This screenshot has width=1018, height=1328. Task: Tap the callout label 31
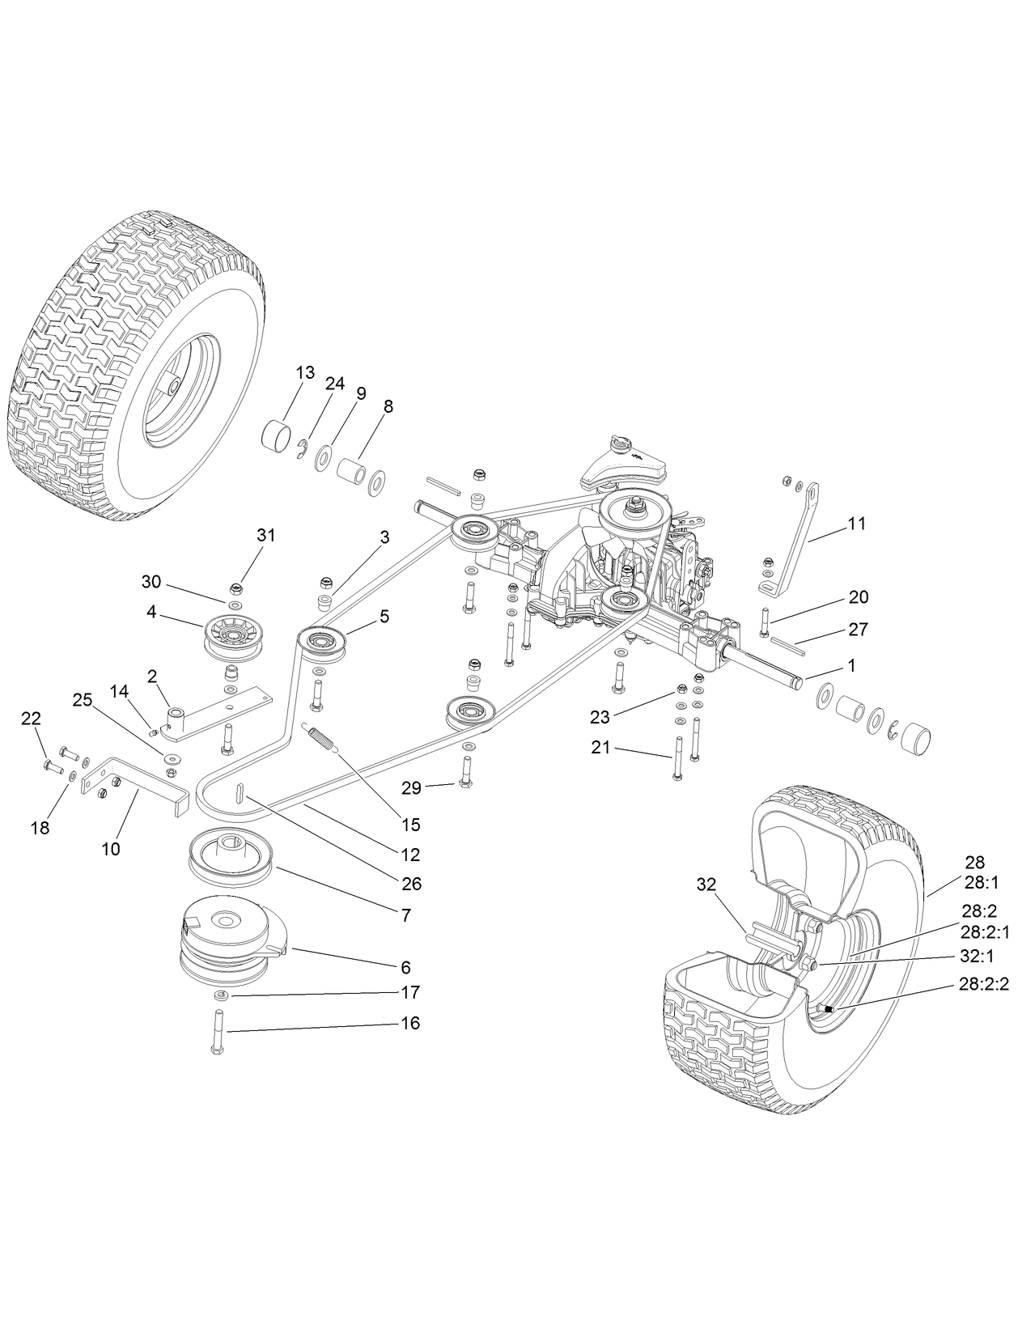[x=266, y=535]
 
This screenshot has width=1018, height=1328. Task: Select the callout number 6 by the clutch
[x=405, y=967]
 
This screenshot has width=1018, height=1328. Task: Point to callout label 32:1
[x=974, y=956]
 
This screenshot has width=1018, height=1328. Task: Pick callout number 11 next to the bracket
[x=857, y=524]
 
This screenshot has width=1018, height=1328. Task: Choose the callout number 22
[x=31, y=718]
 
